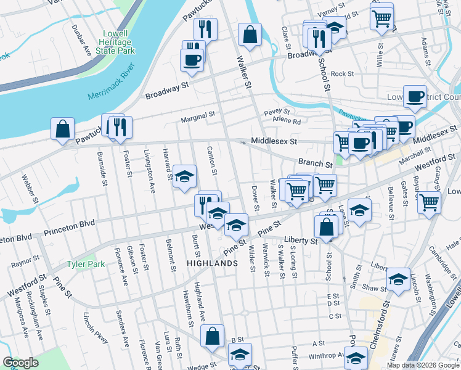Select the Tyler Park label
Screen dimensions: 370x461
tap(86, 265)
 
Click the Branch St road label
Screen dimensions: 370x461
tap(316, 164)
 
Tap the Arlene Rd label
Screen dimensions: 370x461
tap(287, 121)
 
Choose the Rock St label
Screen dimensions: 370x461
tap(342, 73)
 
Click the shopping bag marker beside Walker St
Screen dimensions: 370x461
tap(250, 35)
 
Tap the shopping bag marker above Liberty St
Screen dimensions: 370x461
tap(326, 226)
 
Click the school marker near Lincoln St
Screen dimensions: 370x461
tap(399, 279)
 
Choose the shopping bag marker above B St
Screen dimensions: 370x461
tap(212, 336)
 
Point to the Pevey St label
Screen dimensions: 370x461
tap(272, 113)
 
